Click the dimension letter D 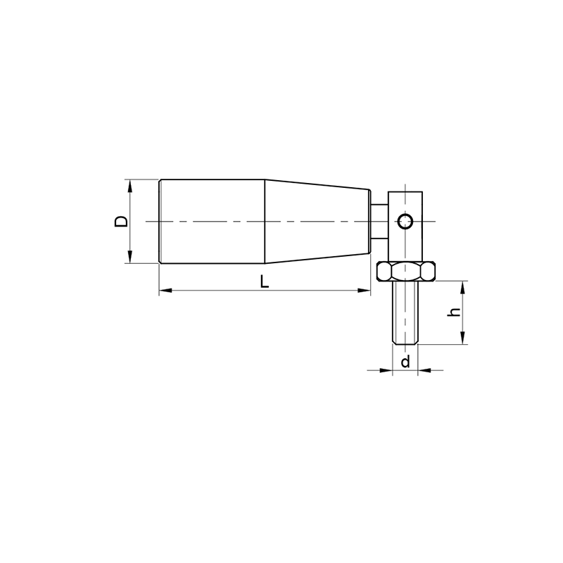[x=121, y=221]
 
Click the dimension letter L [x=265, y=282]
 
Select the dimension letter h [x=454, y=312]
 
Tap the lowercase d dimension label [x=405, y=362]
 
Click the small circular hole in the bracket [x=405, y=221]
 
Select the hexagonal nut [x=406, y=272]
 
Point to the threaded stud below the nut [x=405, y=312]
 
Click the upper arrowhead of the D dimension [x=130, y=186]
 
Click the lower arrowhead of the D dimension [x=130, y=257]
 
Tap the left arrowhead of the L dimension [x=165, y=290]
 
